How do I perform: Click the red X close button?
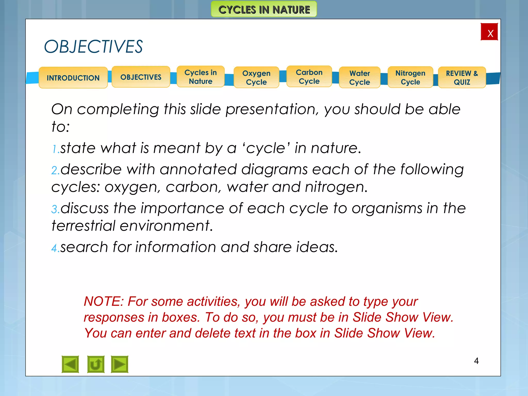[x=489, y=32]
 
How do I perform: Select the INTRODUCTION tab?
[x=73, y=78]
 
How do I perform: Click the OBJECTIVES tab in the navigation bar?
[x=141, y=77]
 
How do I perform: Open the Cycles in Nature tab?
[x=201, y=77]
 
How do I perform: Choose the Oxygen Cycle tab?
[x=256, y=78]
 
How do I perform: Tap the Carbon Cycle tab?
[x=309, y=77]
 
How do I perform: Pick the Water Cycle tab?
[x=360, y=78]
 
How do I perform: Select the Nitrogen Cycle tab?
[x=410, y=77]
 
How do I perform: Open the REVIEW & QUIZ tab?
[x=462, y=78]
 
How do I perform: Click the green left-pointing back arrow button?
[x=70, y=364]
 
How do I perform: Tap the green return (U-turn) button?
[x=96, y=364]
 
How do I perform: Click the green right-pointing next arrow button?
[x=120, y=364]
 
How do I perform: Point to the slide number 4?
[x=476, y=361]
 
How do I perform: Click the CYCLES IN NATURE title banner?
[x=264, y=10]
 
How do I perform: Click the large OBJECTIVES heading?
[x=93, y=47]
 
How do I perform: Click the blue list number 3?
[x=54, y=209]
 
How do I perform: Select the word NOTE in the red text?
[x=103, y=301]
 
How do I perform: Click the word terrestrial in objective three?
[x=83, y=226]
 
